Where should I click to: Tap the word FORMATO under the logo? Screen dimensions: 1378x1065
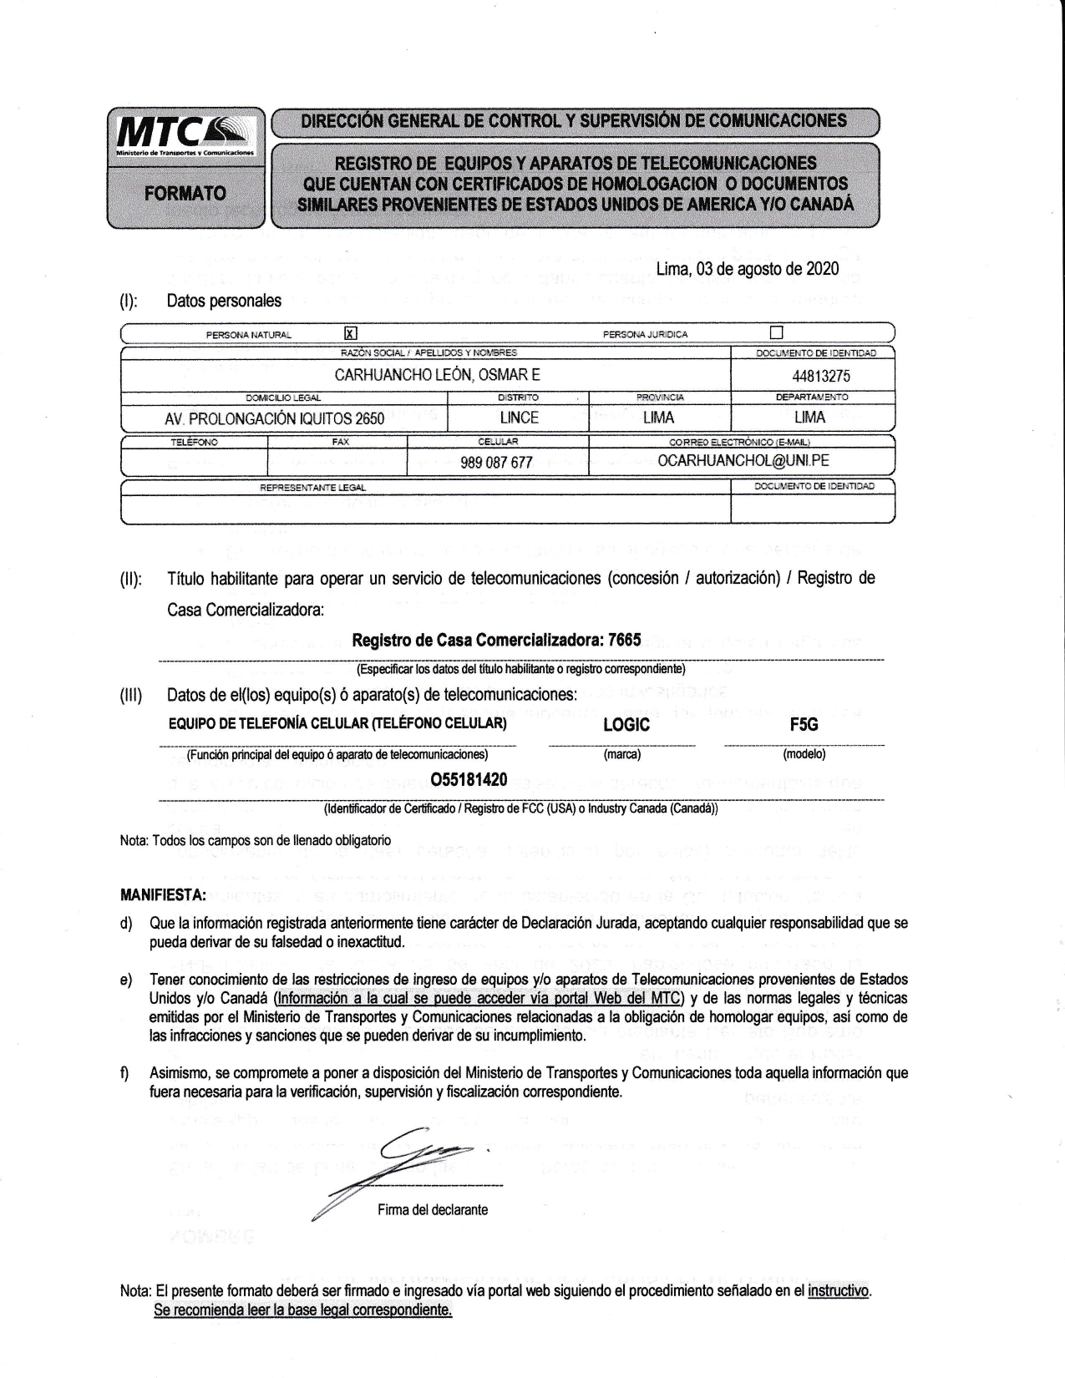click(x=185, y=193)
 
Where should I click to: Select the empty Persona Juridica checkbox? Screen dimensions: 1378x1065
click(x=777, y=333)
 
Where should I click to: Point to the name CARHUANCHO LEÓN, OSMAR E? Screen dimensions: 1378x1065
click(x=437, y=376)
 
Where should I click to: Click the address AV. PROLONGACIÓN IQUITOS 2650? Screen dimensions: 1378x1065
click(x=275, y=418)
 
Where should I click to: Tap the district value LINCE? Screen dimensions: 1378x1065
click(x=519, y=418)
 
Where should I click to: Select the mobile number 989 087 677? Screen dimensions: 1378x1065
click(x=496, y=462)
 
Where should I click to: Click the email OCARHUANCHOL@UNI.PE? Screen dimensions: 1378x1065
click(x=743, y=460)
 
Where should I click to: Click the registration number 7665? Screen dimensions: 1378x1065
click(x=625, y=641)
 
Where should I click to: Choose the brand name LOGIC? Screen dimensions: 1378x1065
click(x=626, y=725)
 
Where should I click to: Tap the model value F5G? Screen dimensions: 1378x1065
click(x=804, y=725)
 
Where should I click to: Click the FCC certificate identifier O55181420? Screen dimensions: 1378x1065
click(x=469, y=780)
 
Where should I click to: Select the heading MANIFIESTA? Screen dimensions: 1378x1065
click(x=164, y=896)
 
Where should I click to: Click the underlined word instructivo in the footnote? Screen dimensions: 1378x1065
click(x=839, y=1290)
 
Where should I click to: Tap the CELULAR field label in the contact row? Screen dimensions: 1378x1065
click(x=498, y=441)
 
